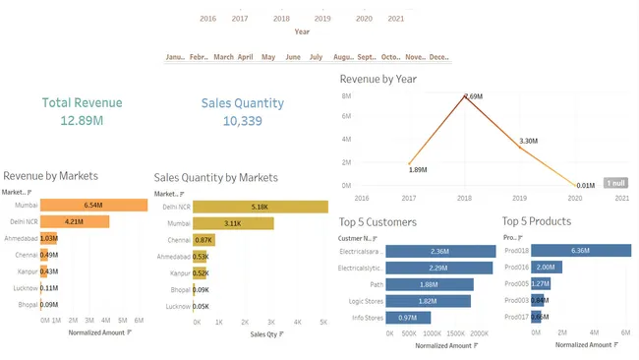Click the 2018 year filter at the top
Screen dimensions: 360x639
tap(281, 19)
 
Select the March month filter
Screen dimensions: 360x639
tap(223, 57)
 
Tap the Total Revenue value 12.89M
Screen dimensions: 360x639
tap(82, 120)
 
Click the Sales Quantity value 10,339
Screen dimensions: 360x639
tap(242, 121)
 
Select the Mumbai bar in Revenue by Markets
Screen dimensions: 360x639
tap(93, 205)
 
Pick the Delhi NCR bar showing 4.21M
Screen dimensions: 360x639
tap(75, 221)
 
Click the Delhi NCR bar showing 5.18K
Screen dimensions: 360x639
tap(260, 207)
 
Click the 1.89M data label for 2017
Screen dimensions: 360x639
tap(418, 170)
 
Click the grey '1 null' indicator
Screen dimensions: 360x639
tap(615, 183)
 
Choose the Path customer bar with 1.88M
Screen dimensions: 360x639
tap(430, 284)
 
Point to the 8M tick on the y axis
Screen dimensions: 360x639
tap(346, 96)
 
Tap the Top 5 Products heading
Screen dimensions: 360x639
tap(536, 221)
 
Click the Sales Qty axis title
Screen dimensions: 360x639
tap(264, 335)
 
